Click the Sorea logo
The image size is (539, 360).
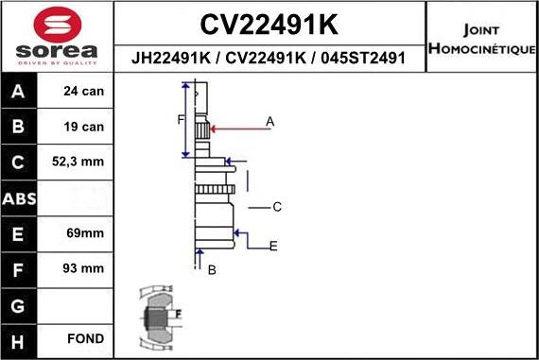click(x=57, y=38)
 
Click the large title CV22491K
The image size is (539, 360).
click(x=269, y=23)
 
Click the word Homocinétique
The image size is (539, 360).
click(x=482, y=48)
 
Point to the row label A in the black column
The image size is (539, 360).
click(x=20, y=92)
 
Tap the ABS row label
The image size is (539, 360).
click(x=20, y=197)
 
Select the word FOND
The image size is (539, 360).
click(x=85, y=338)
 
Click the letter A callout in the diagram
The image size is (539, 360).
click(x=269, y=121)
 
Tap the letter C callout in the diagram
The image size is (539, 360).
click(x=277, y=206)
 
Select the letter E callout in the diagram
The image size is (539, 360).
click(x=273, y=247)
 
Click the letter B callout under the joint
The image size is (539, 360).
click(x=212, y=270)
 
